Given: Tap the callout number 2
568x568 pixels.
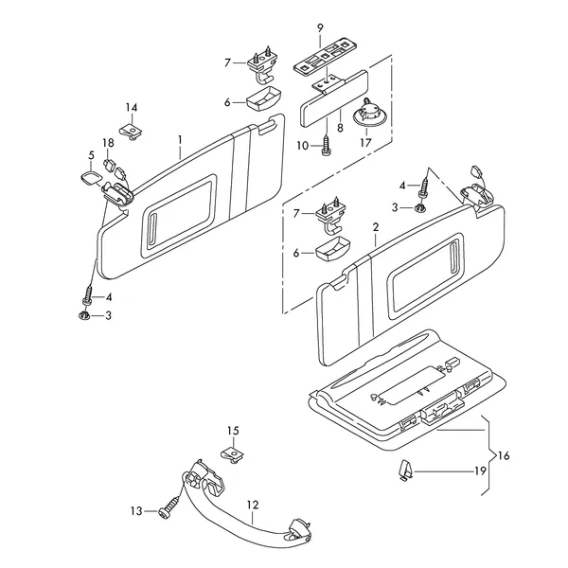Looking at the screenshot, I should click(375, 228).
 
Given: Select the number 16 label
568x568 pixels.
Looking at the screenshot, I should click(503, 456).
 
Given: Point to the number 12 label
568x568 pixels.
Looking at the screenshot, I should click(253, 504).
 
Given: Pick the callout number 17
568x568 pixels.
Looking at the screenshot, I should click(364, 144).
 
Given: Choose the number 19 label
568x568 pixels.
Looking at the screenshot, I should click(479, 470).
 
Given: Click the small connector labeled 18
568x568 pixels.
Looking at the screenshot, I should click(109, 169).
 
